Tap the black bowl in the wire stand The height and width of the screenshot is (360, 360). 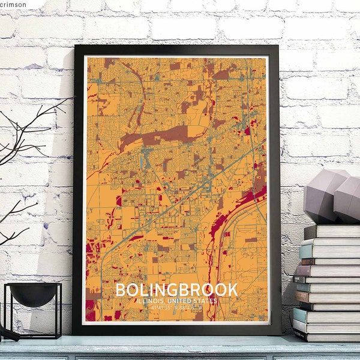(32, 294)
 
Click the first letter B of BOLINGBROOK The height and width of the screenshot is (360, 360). (120, 290)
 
